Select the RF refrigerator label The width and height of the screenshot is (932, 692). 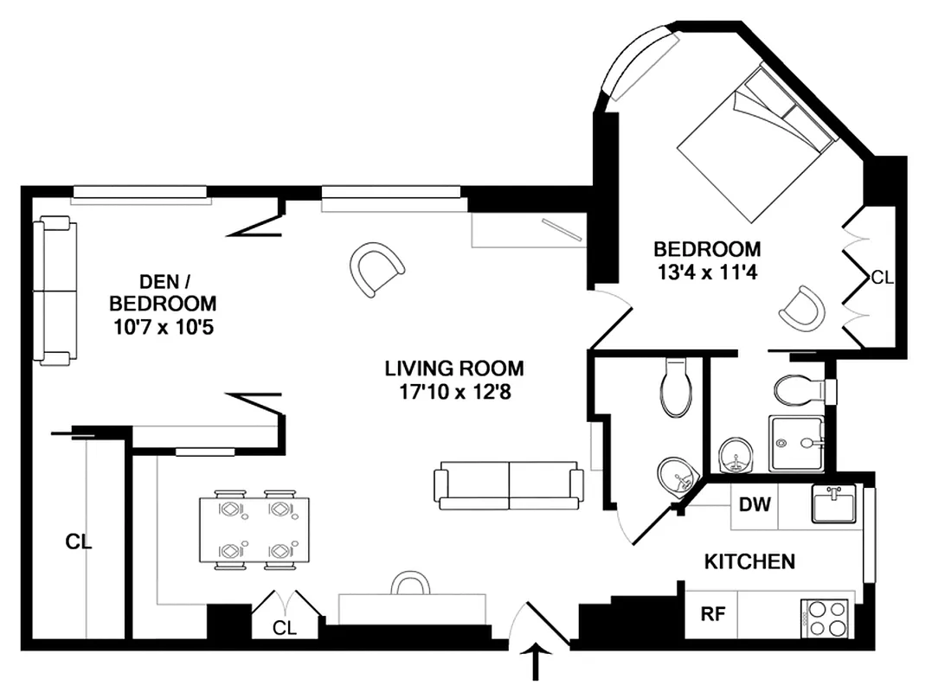pyautogui.click(x=712, y=615)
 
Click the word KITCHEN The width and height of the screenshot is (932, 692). pyautogui.click(x=749, y=562)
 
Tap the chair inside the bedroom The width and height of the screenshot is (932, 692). pyautogui.click(x=800, y=307)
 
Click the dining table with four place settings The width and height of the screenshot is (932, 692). pyautogui.click(x=254, y=530)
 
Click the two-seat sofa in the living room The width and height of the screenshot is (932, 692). pyautogui.click(x=509, y=485)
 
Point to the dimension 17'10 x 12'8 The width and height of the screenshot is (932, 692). pyautogui.click(x=454, y=391)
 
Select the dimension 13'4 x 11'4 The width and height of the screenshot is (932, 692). pyautogui.click(x=707, y=272)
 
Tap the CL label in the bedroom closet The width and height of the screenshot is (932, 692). pyautogui.click(x=882, y=278)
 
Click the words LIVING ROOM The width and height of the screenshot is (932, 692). pyautogui.click(x=454, y=368)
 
